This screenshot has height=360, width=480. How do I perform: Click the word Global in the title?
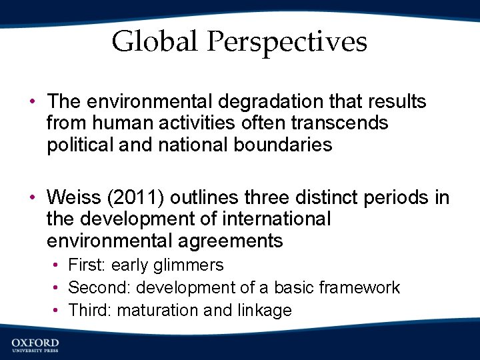155,41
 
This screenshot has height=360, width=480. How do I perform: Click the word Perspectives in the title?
287,43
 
